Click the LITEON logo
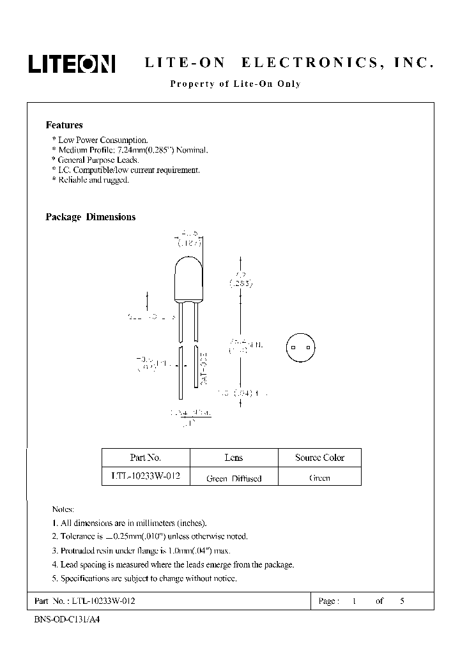tap(71, 64)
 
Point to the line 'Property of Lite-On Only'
tap(234, 84)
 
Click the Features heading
tap(64, 126)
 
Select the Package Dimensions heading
tap(90, 217)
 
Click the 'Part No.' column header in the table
tap(145, 458)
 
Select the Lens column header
tap(233, 458)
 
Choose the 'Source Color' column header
tap(319, 458)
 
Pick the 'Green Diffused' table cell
tap(234, 478)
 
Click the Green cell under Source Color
tap(319, 477)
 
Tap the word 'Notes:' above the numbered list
tap(63, 509)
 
